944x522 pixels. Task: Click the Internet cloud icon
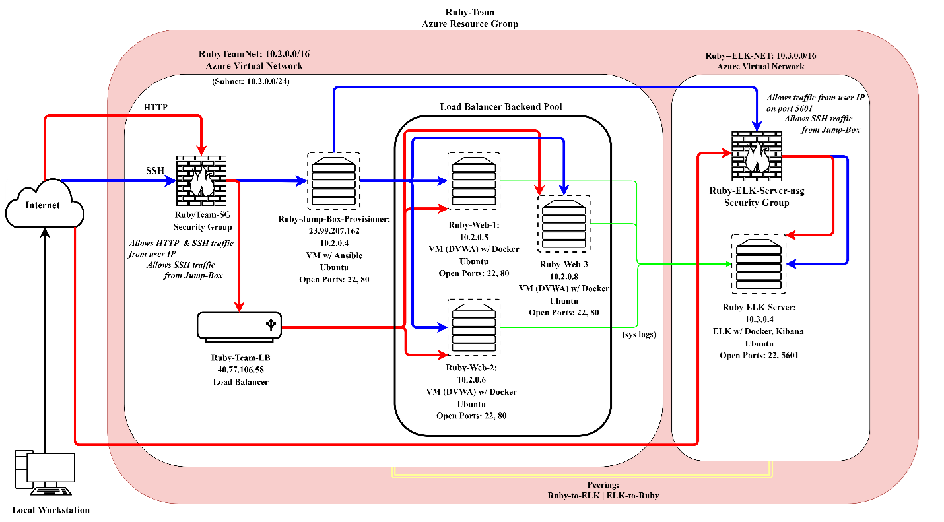[44, 204]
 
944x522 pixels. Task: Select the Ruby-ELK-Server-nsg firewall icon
[757, 156]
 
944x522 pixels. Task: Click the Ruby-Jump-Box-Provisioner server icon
[333, 179]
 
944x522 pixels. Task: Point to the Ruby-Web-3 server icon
[563, 224]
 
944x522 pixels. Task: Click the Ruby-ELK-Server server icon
[758, 263]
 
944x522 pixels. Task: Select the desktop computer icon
[45, 471]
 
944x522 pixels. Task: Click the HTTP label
[156, 106]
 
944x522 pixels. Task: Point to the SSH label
[156, 170]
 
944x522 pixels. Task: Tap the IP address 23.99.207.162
[334, 232]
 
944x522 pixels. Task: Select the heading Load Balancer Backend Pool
[501, 106]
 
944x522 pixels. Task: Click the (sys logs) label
[639, 335]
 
